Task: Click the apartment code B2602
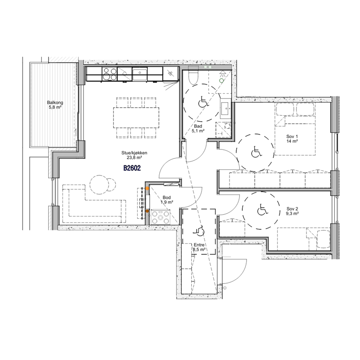pos(132,168)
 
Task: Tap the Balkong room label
pos(55,103)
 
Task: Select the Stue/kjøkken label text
pos(134,153)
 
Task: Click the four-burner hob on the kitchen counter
pos(109,74)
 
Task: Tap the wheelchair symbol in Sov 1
pos(256,152)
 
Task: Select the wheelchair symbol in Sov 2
pos(262,210)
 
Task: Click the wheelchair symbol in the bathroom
pos(203,102)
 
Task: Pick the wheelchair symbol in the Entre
pos(199,231)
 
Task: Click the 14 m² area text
pos(292,141)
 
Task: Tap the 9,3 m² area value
pos(292,213)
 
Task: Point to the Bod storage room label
pos(166,198)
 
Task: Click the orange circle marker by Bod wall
pos(147,188)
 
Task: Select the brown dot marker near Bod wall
pos(147,211)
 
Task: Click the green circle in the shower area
pos(221,81)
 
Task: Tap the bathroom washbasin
pos(225,108)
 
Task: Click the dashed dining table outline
pos(136,118)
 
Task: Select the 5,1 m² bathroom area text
pos(198,131)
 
